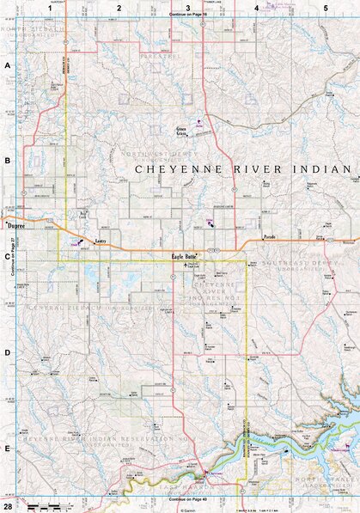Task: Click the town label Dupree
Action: click(16, 225)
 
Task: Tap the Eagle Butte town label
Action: click(184, 256)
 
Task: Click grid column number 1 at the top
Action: click(51, 8)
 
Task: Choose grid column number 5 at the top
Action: click(326, 8)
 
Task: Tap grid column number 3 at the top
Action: click(188, 8)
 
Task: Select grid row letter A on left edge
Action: click(7, 66)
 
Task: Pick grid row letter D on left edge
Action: click(7, 352)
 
